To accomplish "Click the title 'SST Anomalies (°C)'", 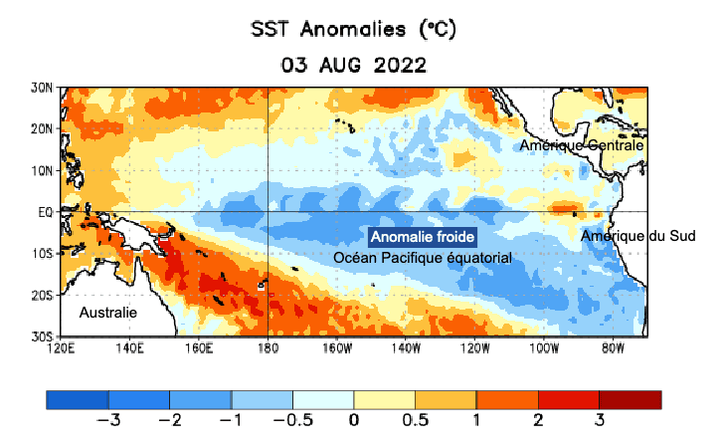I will pyautogui.click(x=353, y=31).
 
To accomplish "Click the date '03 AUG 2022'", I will pyautogui.click(x=353, y=66).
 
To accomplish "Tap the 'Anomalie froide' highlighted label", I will pyautogui.click(x=423, y=238).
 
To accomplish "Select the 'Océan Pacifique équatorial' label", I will pyautogui.click(x=423, y=258).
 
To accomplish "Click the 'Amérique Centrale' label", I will pyautogui.click(x=583, y=145).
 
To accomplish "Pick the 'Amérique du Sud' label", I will pyautogui.click(x=637, y=236).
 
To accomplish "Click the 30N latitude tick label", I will pyautogui.click(x=43, y=88).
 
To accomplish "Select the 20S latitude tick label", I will pyautogui.click(x=43, y=296).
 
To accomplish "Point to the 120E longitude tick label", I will pyautogui.click(x=62, y=349).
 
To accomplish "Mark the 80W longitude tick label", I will pyautogui.click(x=614, y=349).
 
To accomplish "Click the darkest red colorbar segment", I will pyautogui.click(x=631, y=399).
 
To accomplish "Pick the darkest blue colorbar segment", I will pyautogui.click(x=77, y=399).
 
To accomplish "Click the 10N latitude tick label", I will pyautogui.click(x=43, y=170).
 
